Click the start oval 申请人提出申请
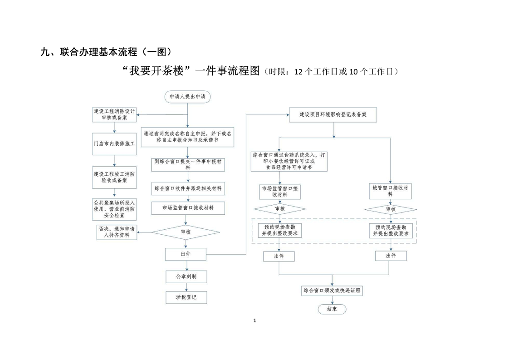point(187,97)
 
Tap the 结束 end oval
point(332,309)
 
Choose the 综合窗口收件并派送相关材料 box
point(188,188)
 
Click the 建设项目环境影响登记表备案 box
point(333,115)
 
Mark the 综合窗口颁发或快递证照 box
point(333,291)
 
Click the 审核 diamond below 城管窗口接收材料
point(391,209)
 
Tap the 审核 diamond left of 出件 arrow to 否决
point(186,232)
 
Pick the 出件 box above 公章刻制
point(186,254)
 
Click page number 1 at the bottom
point(254,321)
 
